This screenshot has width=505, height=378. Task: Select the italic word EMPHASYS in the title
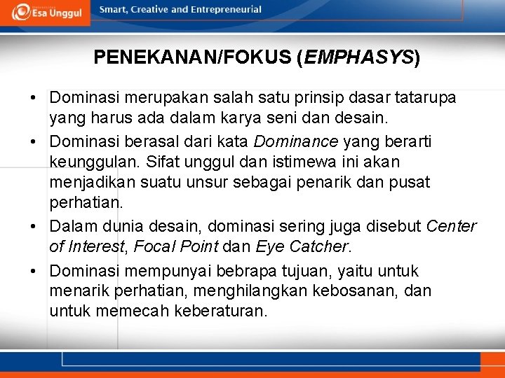point(358,57)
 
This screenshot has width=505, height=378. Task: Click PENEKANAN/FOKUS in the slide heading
point(191,57)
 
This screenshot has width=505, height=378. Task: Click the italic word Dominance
point(295,142)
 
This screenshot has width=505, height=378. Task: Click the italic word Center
point(451,227)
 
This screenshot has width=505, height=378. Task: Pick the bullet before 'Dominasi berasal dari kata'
point(34,142)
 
